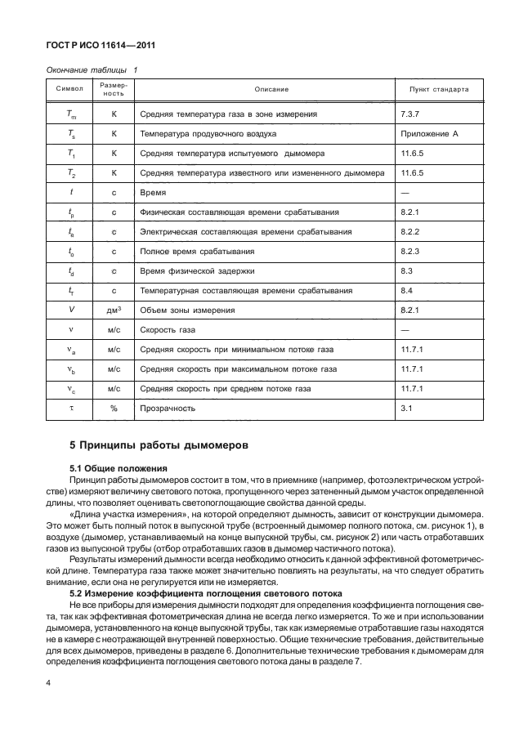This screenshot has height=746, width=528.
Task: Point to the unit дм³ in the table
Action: pyautogui.click(x=114, y=310)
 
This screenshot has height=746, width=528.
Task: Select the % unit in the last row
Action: pyautogui.click(x=114, y=408)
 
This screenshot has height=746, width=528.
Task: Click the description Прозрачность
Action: pyautogui.click(x=168, y=408)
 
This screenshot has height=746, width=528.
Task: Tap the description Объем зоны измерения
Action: pyautogui.click(x=187, y=310)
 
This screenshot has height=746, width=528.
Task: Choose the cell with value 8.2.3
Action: pyautogui.click(x=409, y=251)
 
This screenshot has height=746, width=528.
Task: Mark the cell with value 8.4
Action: pyautogui.click(x=406, y=290)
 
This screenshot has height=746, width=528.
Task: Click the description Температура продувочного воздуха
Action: pyautogui.click(x=208, y=133)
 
